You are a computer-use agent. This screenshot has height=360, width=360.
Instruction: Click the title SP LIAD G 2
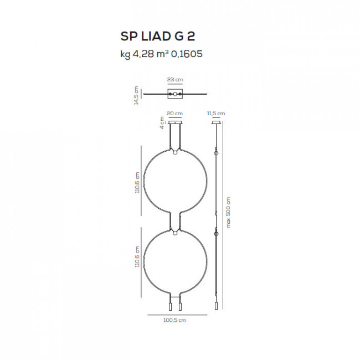point(158,36)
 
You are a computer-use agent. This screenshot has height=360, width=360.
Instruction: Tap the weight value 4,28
point(143,54)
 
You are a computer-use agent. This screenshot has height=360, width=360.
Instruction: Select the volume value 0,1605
point(187,54)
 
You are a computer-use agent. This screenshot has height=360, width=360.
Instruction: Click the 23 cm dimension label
point(175,80)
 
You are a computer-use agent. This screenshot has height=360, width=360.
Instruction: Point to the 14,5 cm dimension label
point(136,95)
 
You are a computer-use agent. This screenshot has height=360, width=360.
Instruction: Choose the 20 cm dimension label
point(174,114)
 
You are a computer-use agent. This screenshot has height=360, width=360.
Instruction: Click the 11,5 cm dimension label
point(216,114)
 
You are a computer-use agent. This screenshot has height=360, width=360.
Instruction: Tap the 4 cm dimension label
point(162,123)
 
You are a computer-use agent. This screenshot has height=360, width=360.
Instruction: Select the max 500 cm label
point(228,212)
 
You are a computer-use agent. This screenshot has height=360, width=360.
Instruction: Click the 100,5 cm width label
point(175,320)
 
